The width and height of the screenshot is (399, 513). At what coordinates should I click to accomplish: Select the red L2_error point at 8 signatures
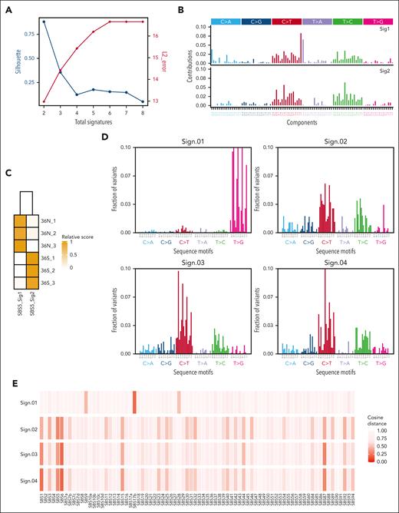click(143, 22)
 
